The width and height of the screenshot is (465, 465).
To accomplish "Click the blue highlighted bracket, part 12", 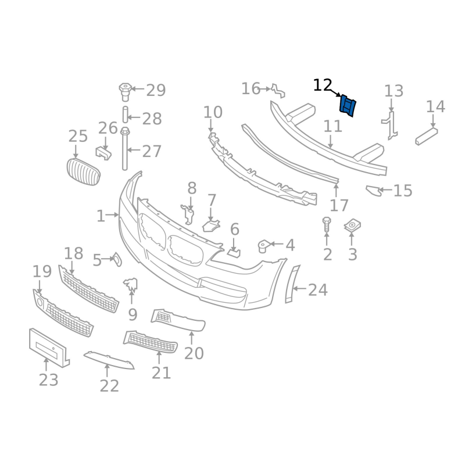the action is [x=348, y=106].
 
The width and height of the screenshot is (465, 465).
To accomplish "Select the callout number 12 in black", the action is [x=323, y=85].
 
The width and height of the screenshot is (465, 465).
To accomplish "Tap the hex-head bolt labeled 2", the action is [x=327, y=224].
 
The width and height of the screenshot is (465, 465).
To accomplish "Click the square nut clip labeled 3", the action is [x=352, y=226].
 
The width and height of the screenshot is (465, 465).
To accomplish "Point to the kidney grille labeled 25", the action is [x=83, y=171].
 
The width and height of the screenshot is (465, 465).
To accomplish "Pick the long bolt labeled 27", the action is [x=125, y=149].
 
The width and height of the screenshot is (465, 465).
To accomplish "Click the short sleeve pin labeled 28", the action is [x=125, y=114].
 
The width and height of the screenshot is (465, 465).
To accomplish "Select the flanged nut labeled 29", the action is [x=125, y=92].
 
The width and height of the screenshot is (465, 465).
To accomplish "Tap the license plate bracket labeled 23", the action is [x=49, y=348].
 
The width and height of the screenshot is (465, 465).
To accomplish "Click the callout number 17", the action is [x=339, y=205].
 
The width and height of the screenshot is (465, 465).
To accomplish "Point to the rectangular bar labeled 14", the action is [x=427, y=137].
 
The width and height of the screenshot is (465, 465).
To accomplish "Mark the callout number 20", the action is [x=194, y=353].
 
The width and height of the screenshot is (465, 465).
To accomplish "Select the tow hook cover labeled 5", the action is [x=117, y=259].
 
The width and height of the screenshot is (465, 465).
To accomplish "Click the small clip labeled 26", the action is [x=103, y=152].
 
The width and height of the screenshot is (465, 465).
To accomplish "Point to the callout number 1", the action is [x=101, y=216].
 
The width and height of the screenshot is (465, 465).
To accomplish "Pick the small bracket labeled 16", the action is [x=278, y=91].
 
